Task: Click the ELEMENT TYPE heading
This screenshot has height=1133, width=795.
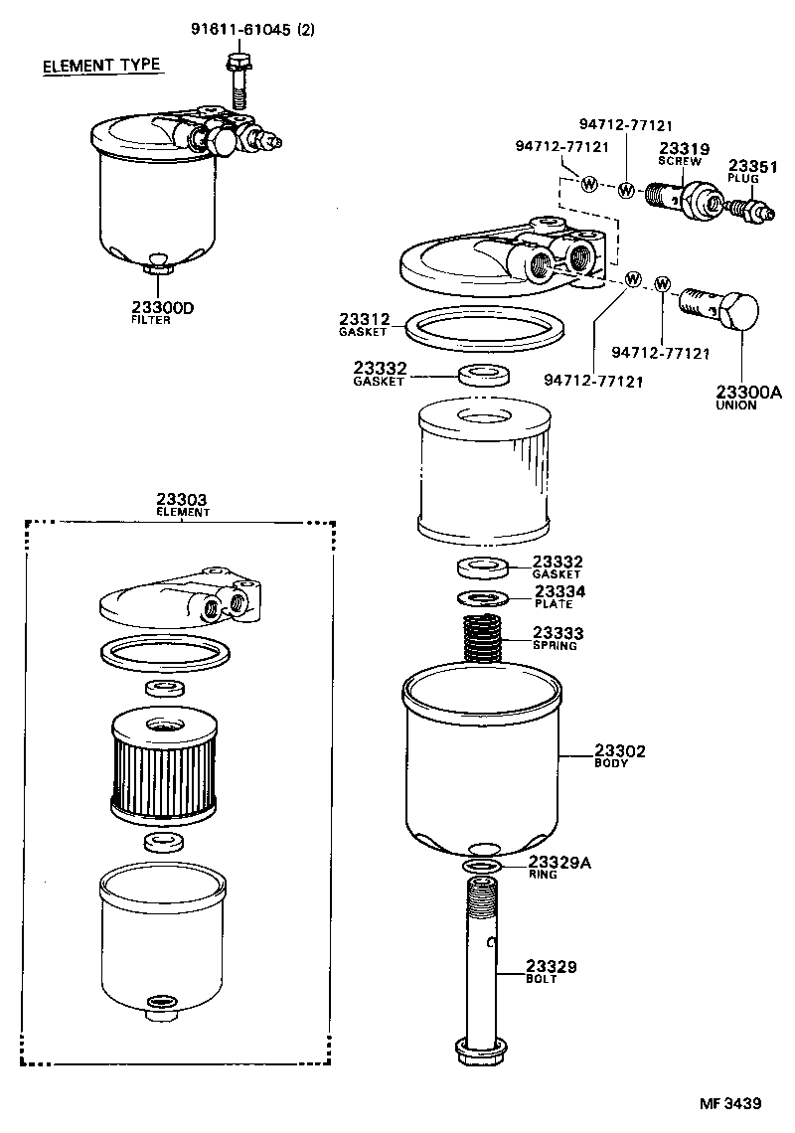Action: [x=100, y=67]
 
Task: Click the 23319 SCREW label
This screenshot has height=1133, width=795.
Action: [x=681, y=154]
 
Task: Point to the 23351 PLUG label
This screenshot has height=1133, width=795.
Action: [x=752, y=170]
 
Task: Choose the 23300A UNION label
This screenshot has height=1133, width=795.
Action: [x=748, y=398]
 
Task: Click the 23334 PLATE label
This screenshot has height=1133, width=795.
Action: [x=559, y=596]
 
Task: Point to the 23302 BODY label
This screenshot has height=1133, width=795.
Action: [x=620, y=756]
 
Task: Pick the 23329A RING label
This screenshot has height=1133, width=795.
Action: [x=558, y=867]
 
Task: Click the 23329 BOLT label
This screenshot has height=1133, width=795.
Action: [x=552, y=971]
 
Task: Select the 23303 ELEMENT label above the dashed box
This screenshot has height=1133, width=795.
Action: [x=182, y=505]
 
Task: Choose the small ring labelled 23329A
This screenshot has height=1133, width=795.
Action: [x=483, y=870]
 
